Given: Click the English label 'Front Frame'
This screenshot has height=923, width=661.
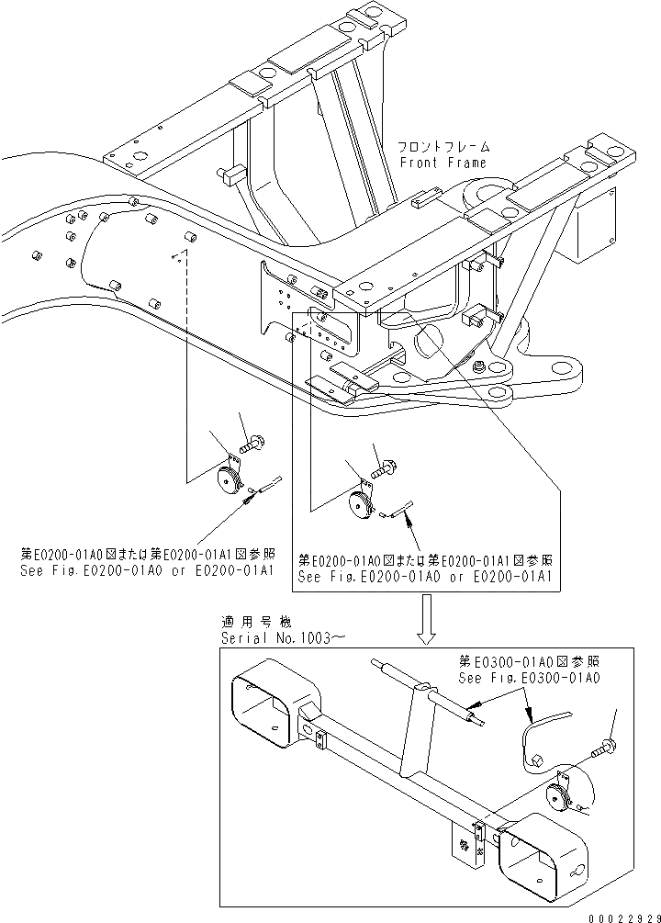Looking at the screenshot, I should coord(443,163).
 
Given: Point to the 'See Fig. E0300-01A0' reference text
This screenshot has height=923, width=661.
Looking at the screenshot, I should coord(529,677).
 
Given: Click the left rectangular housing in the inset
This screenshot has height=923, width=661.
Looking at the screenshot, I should coord(267,704).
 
